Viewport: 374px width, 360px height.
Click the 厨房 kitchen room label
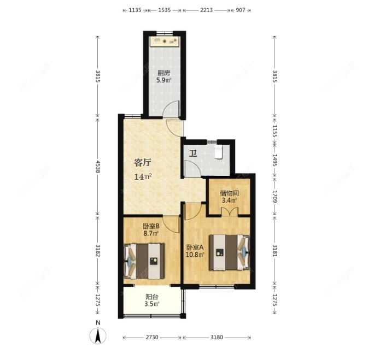click(x=163, y=73)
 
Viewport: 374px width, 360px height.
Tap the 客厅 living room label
click(x=143, y=162)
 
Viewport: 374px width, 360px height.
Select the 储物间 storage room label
click(x=229, y=193)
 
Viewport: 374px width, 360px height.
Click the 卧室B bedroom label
click(x=151, y=226)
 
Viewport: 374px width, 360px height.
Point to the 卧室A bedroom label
click(x=195, y=246)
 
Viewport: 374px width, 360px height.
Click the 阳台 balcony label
click(x=152, y=297)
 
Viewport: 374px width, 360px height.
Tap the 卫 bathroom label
click(x=192, y=153)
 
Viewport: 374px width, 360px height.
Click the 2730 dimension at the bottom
click(x=151, y=338)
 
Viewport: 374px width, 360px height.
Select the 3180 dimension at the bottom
click(x=217, y=338)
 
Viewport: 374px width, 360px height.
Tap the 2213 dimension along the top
click(x=207, y=10)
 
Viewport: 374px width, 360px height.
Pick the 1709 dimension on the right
click(x=275, y=196)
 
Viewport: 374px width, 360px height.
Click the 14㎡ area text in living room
click(x=143, y=176)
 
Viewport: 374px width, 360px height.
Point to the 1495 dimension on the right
click(x=275, y=161)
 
